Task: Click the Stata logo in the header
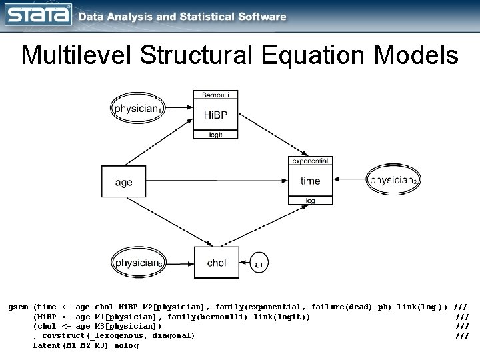(x=38, y=16)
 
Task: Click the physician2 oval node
(x=394, y=180)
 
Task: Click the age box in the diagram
(x=123, y=182)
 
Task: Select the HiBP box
(x=215, y=115)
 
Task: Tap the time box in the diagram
(x=310, y=181)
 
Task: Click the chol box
(x=216, y=263)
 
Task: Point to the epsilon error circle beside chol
(x=259, y=265)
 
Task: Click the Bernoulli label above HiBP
(x=215, y=95)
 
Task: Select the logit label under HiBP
(x=215, y=135)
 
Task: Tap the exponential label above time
(x=310, y=161)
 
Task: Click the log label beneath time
(x=310, y=200)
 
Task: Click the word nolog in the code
(x=126, y=345)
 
